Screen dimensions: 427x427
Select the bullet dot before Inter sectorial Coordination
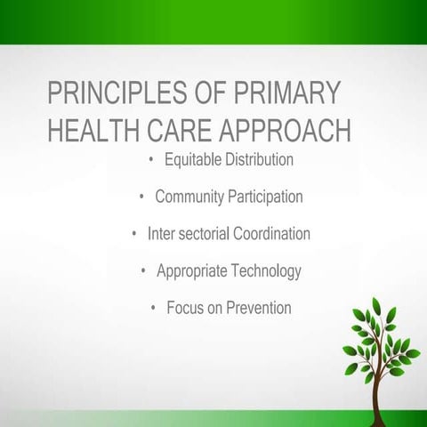tap(134, 234)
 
